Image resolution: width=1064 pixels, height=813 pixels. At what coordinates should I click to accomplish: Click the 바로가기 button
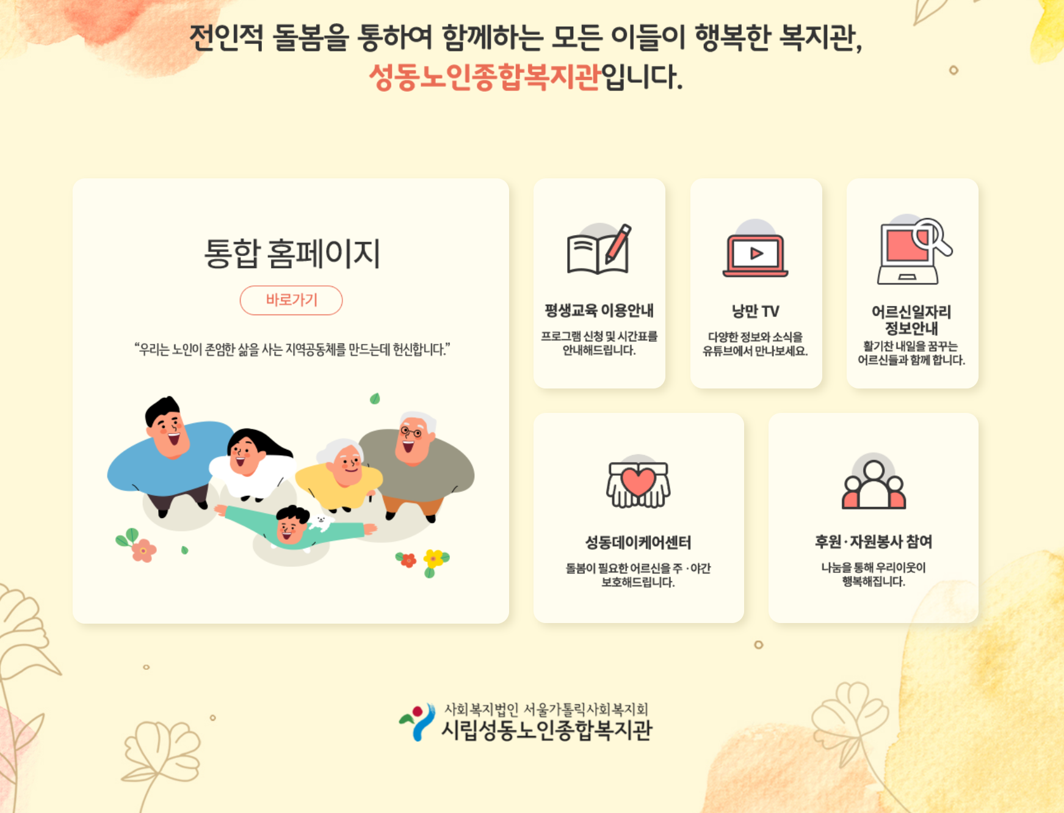pyautogui.click(x=291, y=300)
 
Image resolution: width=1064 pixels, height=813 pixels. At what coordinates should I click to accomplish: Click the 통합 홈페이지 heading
pyautogui.click(x=292, y=253)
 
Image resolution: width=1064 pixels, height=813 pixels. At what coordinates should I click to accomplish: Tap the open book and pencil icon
pyautogui.click(x=599, y=249)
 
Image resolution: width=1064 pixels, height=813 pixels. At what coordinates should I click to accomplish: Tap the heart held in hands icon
pyautogui.click(x=638, y=483)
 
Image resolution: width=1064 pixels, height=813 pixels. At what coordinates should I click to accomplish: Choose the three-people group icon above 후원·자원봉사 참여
pyautogui.click(x=874, y=483)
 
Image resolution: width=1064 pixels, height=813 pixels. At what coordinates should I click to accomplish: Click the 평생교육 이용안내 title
pyautogui.click(x=599, y=310)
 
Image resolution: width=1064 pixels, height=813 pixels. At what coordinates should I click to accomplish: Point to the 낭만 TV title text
pyautogui.click(x=756, y=311)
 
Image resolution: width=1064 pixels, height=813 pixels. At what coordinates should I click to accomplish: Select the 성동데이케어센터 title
pyautogui.click(x=638, y=542)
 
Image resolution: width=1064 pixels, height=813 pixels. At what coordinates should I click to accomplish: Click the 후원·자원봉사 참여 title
pyautogui.click(x=874, y=541)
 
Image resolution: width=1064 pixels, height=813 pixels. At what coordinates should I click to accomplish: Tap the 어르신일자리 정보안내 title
pyautogui.click(x=911, y=320)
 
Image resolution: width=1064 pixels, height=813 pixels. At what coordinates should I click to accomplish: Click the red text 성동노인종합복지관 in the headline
pyautogui.click(x=485, y=77)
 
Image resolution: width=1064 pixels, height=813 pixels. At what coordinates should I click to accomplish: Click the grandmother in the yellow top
pyautogui.click(x=339, y=474)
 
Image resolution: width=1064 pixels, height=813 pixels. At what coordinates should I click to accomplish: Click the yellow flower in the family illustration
pyautogui.click(x=434, y=558)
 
